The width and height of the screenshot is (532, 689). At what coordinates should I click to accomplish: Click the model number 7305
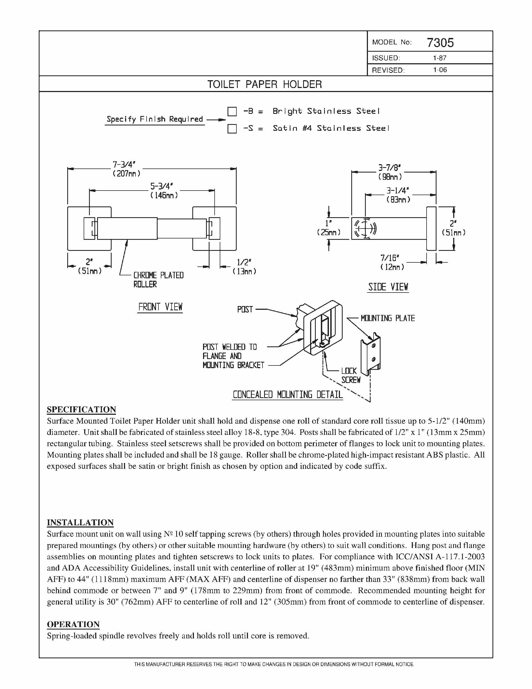coord(440,43)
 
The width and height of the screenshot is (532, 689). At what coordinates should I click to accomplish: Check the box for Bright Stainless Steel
coord(232,111)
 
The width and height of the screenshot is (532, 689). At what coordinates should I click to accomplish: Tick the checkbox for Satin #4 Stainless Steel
coord(232,129)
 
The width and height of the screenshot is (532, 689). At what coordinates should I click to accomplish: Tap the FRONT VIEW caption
coord(160,307)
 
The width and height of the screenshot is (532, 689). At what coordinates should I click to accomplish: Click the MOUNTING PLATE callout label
coord(388,318)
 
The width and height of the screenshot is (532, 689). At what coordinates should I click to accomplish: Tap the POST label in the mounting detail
coord(245,310)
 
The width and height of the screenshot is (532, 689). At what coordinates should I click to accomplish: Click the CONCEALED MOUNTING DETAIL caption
coord(287,395)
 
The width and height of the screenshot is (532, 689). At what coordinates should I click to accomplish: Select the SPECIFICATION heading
coord(81,409)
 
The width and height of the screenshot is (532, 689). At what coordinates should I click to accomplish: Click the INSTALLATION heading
coord(80,522)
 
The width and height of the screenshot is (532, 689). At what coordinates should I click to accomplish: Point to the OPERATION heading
coord(73,624)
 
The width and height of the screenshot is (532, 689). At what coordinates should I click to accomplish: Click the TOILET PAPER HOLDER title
coord(265,84)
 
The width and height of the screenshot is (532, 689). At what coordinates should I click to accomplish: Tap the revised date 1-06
coord(440,70)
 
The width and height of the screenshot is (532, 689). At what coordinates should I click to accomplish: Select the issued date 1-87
coord(439,58)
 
